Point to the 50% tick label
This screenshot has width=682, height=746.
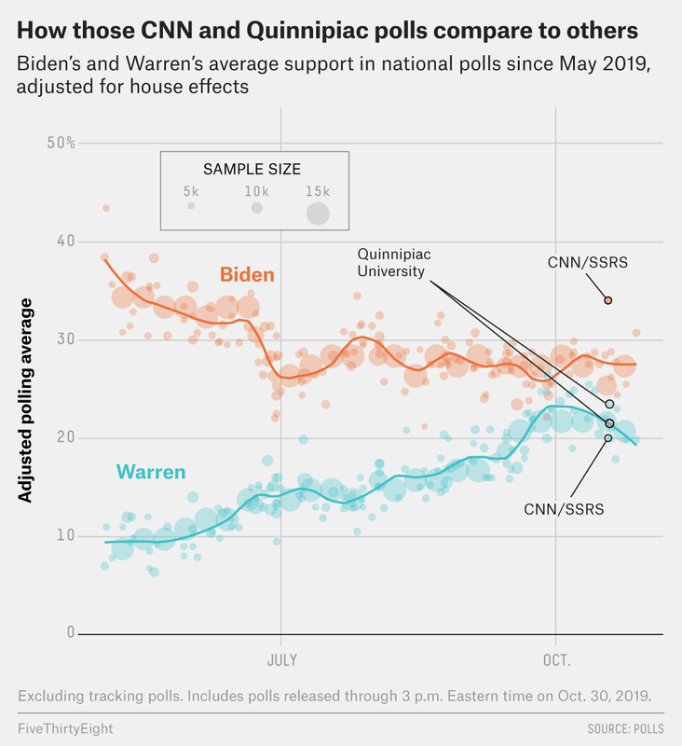tap(61, 143)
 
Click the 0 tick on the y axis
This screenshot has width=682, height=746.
tap(68, 633)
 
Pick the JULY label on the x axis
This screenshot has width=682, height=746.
tap(281, 660)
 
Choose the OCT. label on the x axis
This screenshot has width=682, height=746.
tap(555, 660)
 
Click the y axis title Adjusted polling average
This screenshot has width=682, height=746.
tap(26, 401)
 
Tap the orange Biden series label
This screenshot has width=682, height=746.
tap(247, 274)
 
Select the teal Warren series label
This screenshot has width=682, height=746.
tap(152, 473)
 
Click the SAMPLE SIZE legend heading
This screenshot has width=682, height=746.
tap(252, 169)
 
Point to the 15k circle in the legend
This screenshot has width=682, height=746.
tap(319, 213)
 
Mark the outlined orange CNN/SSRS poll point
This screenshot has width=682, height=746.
tap(607, 300)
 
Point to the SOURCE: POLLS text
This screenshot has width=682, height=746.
tap(625, 725)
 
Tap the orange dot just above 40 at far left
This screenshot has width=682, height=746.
tap(106, 208)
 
